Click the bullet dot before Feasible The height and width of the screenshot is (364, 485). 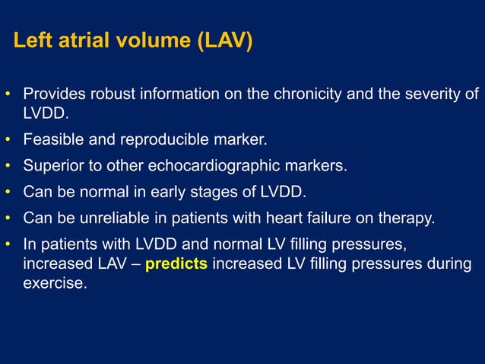click(x=8, y=141)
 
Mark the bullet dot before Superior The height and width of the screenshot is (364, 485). click(x=8, y=167)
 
